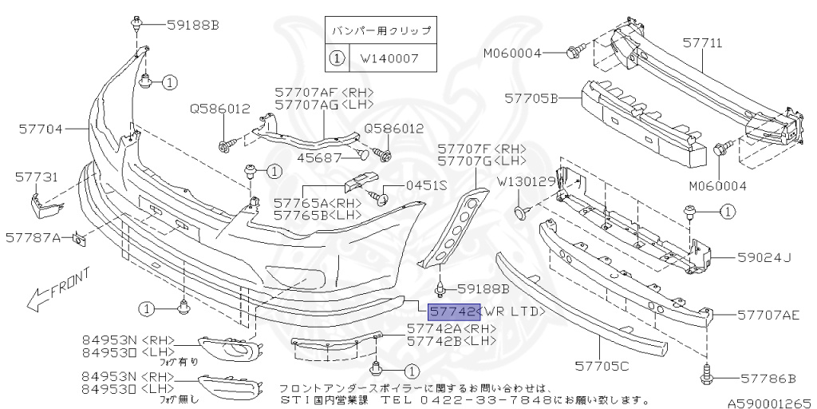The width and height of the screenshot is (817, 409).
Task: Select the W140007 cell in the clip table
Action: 390,58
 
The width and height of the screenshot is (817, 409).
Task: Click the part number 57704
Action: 41,129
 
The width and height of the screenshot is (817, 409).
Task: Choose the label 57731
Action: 37,177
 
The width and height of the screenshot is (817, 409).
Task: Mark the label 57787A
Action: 33,238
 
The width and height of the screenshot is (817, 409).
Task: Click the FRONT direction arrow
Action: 58,289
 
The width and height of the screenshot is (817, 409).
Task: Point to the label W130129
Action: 527,183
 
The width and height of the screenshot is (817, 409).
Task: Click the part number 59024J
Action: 764,257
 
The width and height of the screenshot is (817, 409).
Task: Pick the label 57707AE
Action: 768,315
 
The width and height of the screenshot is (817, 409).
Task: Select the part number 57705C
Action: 602,367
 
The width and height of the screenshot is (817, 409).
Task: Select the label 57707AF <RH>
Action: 324,93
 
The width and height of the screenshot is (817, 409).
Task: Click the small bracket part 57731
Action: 45,205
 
